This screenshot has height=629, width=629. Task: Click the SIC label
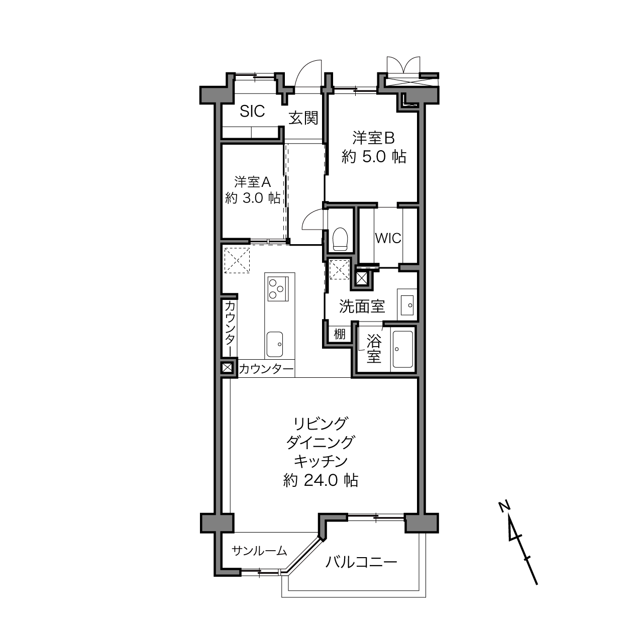point(252,112)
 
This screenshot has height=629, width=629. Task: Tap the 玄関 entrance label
point(303,118)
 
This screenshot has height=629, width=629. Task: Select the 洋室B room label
point(373,138)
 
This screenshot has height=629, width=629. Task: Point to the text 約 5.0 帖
point(374,157)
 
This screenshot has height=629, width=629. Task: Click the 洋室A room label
point(252,182)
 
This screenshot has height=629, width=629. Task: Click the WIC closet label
point(388,239)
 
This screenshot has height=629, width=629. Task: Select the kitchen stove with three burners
point(278,288)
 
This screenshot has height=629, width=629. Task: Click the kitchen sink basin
point(274,344)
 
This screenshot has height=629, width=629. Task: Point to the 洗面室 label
point(362,306)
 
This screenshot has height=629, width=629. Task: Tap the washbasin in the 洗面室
point(407,305)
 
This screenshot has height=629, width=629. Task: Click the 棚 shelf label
point(340,334)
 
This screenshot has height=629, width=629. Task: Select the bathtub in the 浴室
point(403,349)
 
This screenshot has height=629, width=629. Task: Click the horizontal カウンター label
point(266,369)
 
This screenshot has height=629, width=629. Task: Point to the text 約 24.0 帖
point(321,480)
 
